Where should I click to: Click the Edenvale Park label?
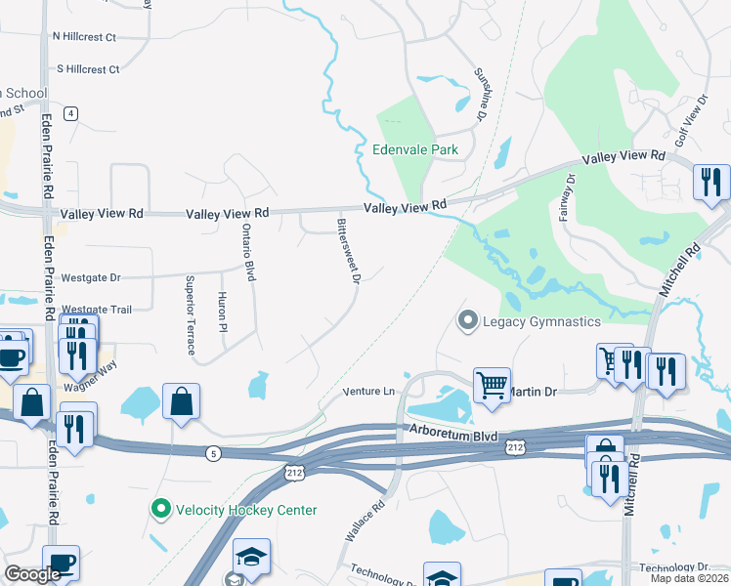tap(415, 150)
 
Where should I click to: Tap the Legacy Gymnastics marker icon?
tap(467, 320)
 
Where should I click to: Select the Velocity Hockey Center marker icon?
tap(159, 509)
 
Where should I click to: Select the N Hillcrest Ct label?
tap(84, 37)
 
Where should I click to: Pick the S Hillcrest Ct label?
tap(88, 69)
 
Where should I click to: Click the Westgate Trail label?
tap(97, 310)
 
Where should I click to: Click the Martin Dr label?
tap(536, 392)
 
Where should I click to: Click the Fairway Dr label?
tap(567, 197)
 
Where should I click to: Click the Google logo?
tap(33, 574)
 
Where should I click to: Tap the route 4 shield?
tap(71, 113)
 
